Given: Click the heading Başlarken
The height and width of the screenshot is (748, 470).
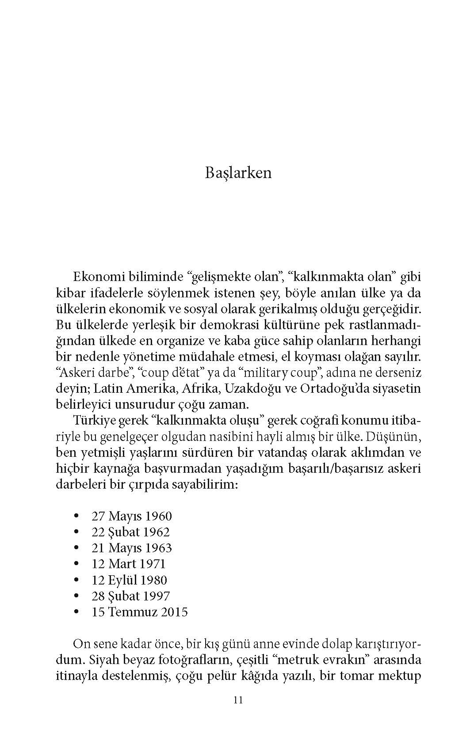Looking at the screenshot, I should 238,173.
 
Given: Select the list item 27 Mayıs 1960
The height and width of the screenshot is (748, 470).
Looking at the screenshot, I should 131,516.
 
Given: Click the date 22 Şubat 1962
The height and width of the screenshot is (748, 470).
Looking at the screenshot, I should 130,532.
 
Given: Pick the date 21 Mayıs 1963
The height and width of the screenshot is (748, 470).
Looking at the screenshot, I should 131,548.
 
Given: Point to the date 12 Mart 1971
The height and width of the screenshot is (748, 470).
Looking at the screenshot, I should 128,564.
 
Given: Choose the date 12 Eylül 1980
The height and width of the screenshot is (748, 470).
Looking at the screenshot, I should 129,580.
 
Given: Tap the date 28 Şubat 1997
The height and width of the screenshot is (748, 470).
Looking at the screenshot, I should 130,596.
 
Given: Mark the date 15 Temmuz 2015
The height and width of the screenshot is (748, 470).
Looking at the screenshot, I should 139,612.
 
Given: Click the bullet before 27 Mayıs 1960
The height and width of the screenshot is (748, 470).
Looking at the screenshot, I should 77,516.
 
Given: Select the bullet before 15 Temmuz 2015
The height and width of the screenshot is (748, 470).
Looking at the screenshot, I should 77,612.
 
